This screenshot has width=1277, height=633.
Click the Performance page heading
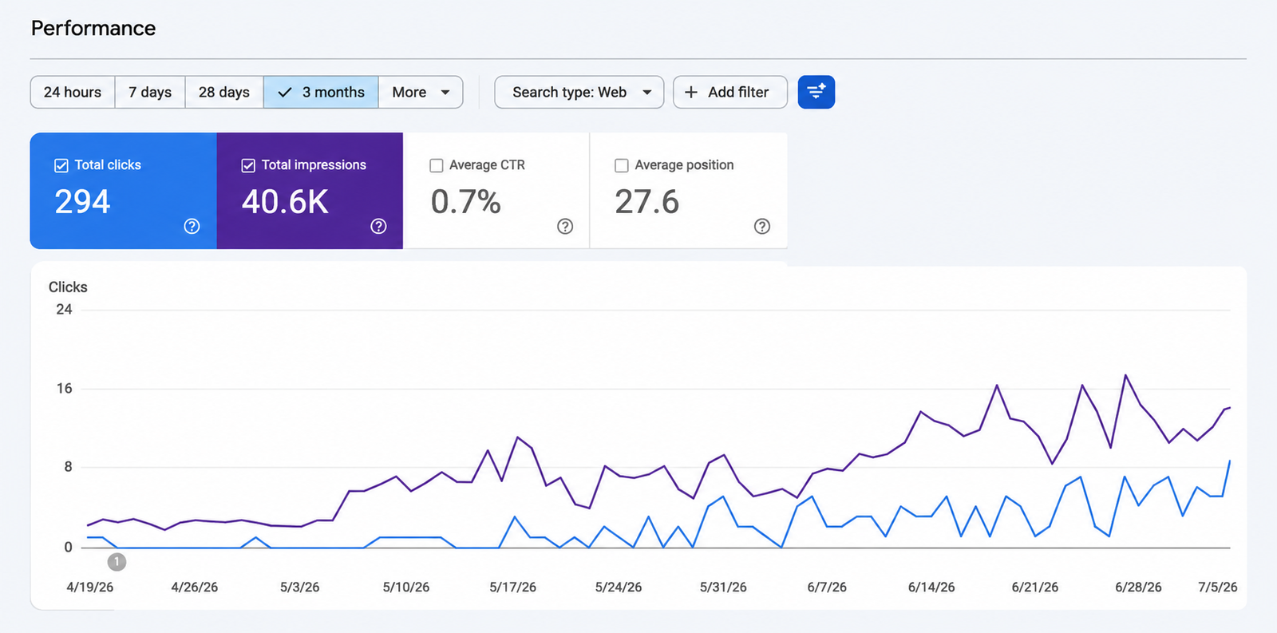pyautogui.click(x=93, y=28)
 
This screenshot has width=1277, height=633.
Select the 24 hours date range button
pyautogui.click(x=73, y=92)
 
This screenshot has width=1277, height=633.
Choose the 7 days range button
pyautogui.click(x=150, y=92)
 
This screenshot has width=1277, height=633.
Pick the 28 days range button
pyautogui.click(x=224, y=92)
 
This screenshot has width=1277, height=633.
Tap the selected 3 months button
pyautogui.click(x=321, y=92)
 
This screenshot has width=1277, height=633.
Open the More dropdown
pyautogui.click(x=421, y=92)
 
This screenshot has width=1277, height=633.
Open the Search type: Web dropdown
pyautogui.click(x=579, y=92)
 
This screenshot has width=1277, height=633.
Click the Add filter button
pyautogui.click(x=730, y=92)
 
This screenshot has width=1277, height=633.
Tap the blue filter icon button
pyautogui.click(x=816, y=92)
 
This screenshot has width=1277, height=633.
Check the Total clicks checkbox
pyautogui.click(x=61, y=165)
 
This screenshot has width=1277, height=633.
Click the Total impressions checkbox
pyautogui.click(x=248, y=165)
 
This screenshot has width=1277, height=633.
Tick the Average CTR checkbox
pyautogui.click(x=436, y=165)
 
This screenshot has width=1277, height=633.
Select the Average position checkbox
pyautogui.click(x=622, y=165)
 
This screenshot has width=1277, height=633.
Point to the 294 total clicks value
pyautogui.click(x=82, y=201)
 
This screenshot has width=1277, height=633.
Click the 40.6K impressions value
pyautogui.click(x=285, y=201)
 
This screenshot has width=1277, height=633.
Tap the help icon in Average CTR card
pyautogui.click(x=565, y=227)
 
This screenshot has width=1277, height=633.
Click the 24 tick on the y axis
pyautogui.click(x=64, y=310)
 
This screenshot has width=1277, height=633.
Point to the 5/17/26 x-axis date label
pyautogui.click(x=512, y=587)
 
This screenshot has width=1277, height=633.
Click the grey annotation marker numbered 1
pyautogui.click(x=117, y=562)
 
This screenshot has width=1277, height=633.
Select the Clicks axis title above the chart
pyautogui.click(x=68, y=287)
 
